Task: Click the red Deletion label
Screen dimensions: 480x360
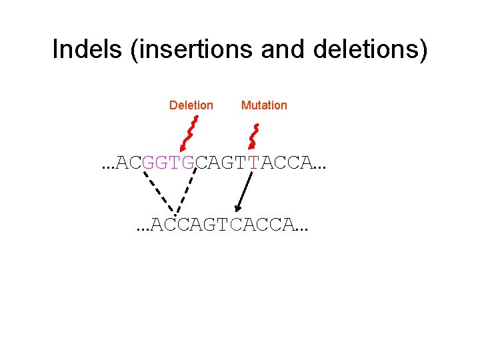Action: click(191, 105)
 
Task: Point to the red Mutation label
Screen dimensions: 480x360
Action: click(264, 105)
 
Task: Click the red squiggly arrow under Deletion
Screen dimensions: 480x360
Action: click(189, 133)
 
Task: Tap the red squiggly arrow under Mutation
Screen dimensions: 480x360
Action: click(253, 133)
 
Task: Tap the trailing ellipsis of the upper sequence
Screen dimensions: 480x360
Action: click(322, 167)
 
